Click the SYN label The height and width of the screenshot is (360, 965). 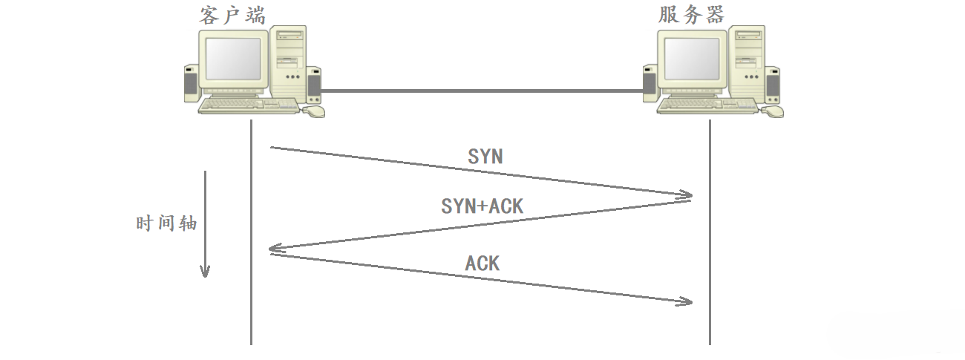[485, 157]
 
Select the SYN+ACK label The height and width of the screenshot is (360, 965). [482, 206]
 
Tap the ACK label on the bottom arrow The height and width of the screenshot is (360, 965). [482, 263]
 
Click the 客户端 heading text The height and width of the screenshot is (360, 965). [232, 14]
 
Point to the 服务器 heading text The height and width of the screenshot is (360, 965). [691, 14]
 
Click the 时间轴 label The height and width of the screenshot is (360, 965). [166, 223]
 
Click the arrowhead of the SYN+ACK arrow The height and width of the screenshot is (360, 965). [274, 251]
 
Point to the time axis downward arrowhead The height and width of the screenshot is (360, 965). [205, 272]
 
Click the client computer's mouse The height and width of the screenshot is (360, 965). [315, 111]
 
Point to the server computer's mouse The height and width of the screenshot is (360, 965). [773, 111]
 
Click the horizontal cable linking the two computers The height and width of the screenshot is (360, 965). [482, 91]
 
